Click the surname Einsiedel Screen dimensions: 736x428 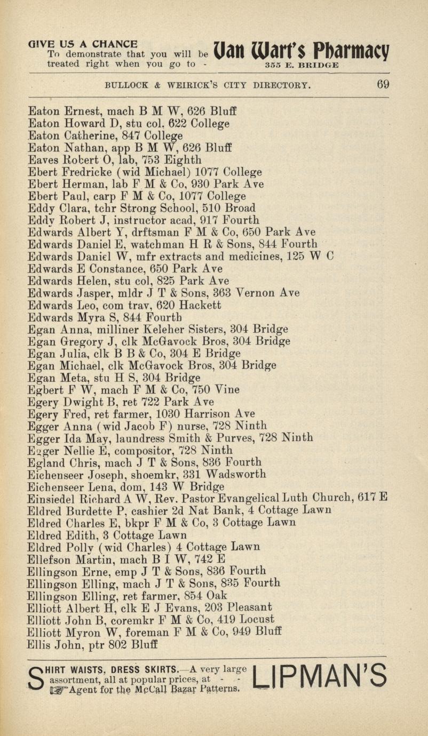click(51, 498)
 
